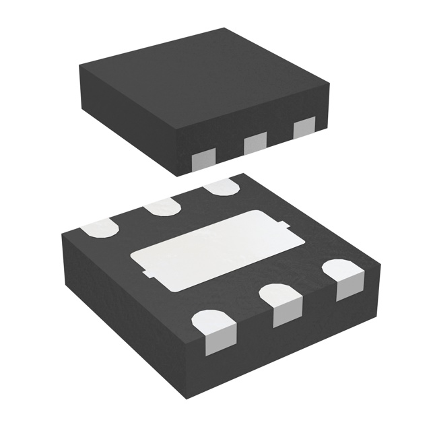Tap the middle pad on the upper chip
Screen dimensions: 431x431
tap(255, 142)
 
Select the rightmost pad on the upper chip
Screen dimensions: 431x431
tap(304, 126)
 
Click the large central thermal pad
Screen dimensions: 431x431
tap(209, 250)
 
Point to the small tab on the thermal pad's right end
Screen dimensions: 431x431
tap(286, 224)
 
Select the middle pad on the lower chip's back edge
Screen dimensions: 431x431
tap(162, 207)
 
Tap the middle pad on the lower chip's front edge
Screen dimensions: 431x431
tap(279, 304)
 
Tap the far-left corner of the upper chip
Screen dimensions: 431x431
tap(79, 65)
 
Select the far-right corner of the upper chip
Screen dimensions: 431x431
tap(329, 86)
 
